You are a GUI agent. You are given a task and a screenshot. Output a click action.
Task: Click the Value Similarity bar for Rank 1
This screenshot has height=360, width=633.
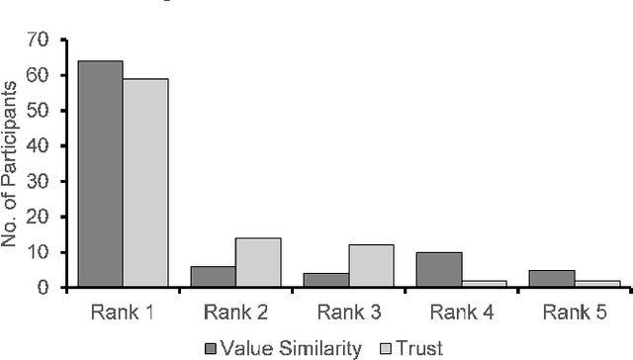point(101,174)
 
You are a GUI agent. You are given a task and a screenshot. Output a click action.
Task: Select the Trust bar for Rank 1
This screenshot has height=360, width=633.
point(145,183)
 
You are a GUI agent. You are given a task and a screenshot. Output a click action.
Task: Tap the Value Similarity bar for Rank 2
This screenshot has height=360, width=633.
point(214,277)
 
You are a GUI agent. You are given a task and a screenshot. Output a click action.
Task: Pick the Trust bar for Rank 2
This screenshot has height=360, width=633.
point(258,263)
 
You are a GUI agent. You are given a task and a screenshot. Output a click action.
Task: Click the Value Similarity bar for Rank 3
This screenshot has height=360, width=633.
point(326,280)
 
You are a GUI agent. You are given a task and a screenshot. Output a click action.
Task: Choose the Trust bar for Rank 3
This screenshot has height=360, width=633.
point(371,266)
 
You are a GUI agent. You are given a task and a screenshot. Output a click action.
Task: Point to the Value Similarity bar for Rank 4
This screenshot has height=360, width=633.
point(439,270)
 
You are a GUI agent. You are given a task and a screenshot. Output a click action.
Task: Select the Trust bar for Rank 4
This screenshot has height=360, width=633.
point(484,284)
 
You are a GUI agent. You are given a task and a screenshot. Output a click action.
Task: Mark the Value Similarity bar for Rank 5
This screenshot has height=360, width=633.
point(552,279)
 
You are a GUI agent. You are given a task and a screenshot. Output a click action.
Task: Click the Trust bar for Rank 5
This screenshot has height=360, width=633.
point(596,284)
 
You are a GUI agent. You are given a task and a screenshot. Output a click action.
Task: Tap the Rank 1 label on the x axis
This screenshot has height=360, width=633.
point(123,312)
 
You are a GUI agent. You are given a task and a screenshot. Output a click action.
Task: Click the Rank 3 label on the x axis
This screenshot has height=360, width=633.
point(348,312)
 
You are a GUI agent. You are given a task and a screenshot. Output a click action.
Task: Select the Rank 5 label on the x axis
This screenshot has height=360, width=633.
point(574,312)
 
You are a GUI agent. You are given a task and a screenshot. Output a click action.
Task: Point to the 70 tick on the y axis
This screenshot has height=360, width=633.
point(39,40)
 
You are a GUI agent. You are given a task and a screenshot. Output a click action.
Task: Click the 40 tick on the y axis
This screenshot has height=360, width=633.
point(39,145)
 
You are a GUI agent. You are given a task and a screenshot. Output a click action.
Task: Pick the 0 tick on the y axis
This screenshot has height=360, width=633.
point(45,288)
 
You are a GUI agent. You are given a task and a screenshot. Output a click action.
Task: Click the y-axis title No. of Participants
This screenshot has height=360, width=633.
point(12,164)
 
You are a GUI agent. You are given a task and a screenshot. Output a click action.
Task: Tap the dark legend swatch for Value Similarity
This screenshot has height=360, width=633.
point(211,347)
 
